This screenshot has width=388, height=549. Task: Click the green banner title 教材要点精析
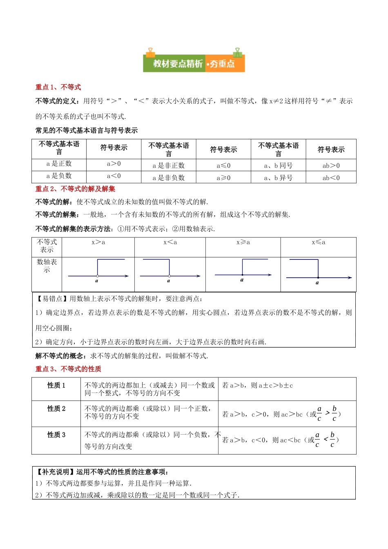(178, 64)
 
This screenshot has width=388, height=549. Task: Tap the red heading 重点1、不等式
(58, 87)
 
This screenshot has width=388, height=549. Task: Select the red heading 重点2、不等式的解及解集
(75, 189)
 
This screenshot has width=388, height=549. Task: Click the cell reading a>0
(114, 164)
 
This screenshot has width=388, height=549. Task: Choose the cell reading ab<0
(331, 178)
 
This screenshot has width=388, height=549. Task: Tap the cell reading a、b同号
(278, 165)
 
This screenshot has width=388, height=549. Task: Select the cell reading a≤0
(223, 165)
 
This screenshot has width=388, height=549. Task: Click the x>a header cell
(98, 242)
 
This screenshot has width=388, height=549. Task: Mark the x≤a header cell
(319, 242)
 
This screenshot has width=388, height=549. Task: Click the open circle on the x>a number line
(97, 276)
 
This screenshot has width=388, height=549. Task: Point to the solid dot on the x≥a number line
(242, 274)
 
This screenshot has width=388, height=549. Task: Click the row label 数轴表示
(47, 266)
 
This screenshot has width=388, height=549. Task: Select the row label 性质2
(56, 408)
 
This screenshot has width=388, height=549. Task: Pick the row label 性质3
(56, 435)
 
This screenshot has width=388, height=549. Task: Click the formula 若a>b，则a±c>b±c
(257, 385)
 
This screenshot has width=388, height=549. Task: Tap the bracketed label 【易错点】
(52, 299)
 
